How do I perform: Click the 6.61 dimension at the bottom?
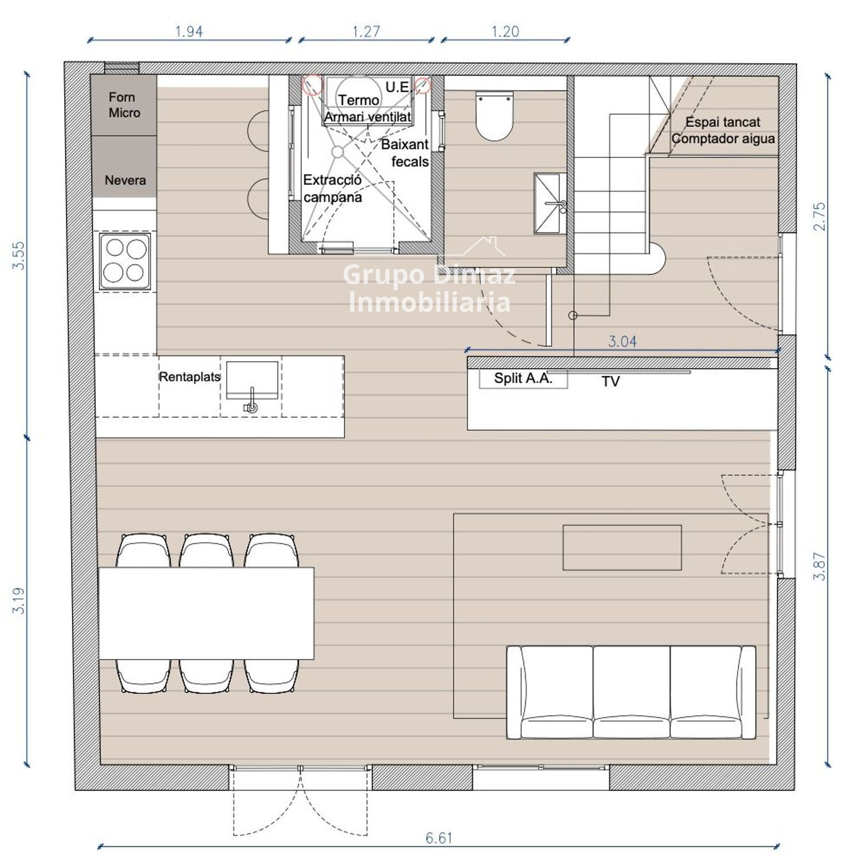click(439, 838)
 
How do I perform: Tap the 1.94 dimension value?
click(189, 31)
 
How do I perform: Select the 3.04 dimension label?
click(622, 342)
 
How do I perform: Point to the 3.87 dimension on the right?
click(819, 566)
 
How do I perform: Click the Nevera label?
click(125, 180)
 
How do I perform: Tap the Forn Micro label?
click(124, 105)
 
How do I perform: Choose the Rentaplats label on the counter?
click(190, 377)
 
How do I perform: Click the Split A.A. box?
click(523, 378)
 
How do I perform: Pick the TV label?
click(610, 381)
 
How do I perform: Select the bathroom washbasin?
click(550, 203)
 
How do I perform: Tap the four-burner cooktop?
click(125, 261)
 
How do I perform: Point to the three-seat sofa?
click(631, 692)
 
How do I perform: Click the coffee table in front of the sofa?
click(622, 547)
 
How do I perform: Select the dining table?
click(206, 613)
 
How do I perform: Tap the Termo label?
click(358, 100)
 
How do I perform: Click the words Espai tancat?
click(723, 122)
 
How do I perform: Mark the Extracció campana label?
click(333, 188)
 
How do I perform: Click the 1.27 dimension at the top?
click(366, 31)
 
